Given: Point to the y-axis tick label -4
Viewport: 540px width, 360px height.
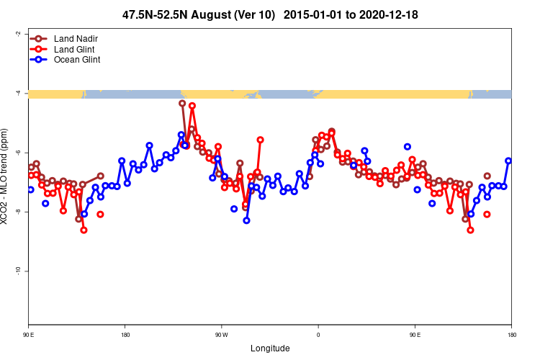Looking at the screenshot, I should (x=17, y=93).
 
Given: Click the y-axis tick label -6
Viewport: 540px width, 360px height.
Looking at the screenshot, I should (x=17, y=153).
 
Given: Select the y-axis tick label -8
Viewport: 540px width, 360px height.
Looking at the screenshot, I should (x=17, y=212).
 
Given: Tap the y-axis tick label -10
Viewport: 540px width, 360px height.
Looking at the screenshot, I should (x=17, y=271).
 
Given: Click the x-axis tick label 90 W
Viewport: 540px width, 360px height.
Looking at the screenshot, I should (x=221, y=335).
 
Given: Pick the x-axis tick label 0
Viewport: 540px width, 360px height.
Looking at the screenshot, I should (x=318, y=335).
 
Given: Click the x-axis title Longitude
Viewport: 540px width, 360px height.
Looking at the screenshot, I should (x=270, y=348).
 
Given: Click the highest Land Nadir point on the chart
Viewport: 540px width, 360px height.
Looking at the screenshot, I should (x=182, y=103).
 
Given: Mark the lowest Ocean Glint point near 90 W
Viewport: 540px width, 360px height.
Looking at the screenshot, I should (x=246, y=220).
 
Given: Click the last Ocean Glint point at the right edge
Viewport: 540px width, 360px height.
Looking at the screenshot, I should (x=508, y=161).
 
